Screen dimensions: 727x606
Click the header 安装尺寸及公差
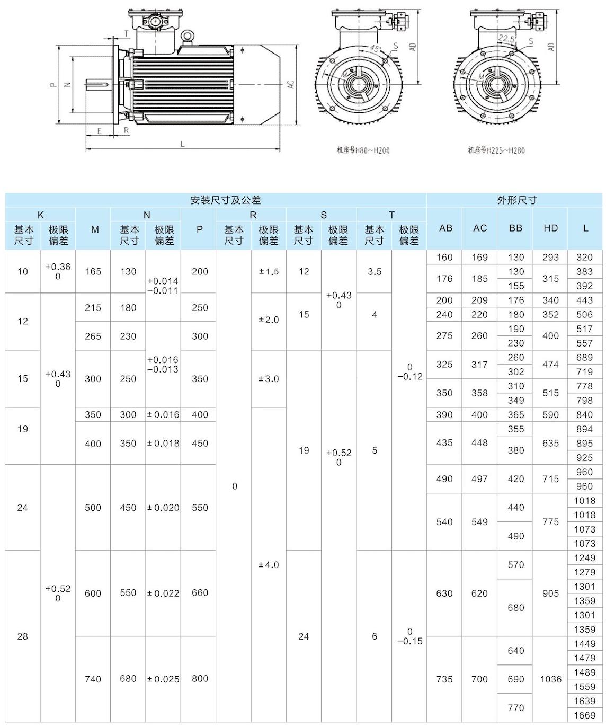226,200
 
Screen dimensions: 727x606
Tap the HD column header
550,228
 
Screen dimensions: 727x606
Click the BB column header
515,228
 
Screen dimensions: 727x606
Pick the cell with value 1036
550,679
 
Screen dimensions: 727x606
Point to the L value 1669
585,715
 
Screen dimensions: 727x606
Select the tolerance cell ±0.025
163,679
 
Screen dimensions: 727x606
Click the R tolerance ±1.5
269,272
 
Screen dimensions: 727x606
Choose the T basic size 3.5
375,272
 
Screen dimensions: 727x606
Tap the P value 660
200,593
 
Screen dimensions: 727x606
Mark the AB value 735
444,679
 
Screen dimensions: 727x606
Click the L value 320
585,258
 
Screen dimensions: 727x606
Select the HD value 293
550,258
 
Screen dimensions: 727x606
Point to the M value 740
93,679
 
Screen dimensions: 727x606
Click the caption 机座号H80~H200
363,150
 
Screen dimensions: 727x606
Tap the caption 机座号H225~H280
496,150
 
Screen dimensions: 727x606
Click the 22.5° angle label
506,38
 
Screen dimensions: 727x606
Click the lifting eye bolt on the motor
186,37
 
